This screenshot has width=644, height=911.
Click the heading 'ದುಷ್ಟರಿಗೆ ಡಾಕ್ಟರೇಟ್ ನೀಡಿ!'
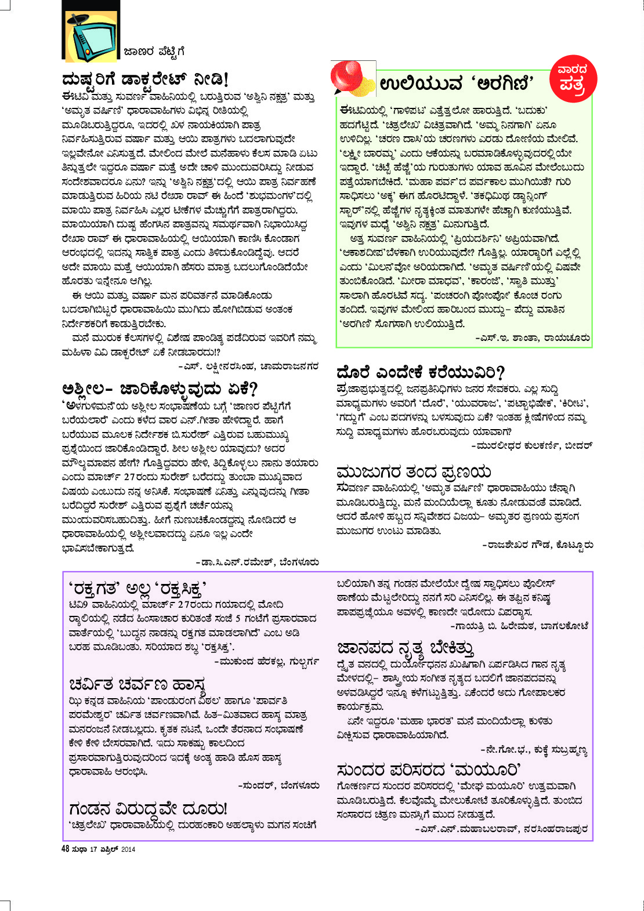145,79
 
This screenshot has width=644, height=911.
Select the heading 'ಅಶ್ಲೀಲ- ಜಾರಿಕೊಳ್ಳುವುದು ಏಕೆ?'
160,389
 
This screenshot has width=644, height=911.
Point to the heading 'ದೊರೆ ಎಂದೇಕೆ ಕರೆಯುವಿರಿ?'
421,372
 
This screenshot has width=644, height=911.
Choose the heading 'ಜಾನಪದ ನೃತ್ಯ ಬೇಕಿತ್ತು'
406,648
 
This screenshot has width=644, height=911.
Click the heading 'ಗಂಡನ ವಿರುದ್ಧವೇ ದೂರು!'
148,808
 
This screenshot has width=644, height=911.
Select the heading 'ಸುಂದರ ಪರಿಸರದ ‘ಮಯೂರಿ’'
429,770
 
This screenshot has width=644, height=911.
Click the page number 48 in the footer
65,849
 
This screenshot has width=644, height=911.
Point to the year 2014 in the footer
128,850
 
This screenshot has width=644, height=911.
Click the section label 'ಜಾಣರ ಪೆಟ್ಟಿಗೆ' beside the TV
154,52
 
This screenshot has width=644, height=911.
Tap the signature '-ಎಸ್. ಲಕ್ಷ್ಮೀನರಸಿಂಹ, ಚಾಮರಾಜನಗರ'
248,366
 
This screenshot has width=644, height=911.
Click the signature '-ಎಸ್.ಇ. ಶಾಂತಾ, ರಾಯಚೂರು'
533,337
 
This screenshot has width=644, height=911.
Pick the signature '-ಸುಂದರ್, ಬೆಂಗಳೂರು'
278,785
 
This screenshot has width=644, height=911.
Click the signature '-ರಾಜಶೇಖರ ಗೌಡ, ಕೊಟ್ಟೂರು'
537,545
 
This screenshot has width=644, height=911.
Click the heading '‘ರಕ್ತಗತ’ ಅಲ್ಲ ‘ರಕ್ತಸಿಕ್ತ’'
138,589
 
